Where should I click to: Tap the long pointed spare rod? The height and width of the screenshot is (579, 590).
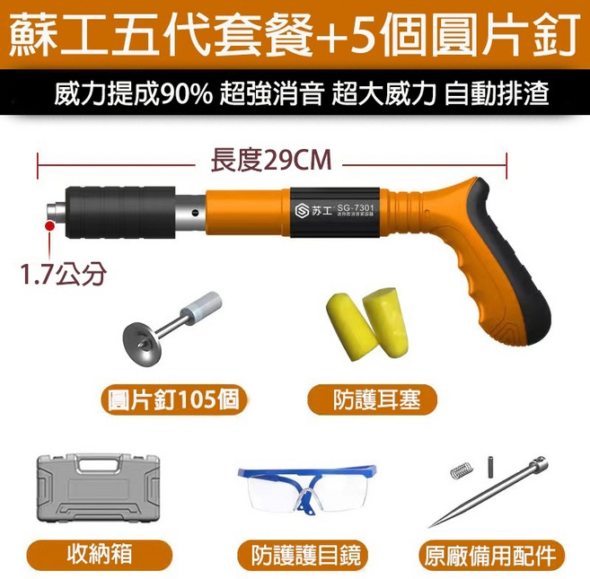490,495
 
